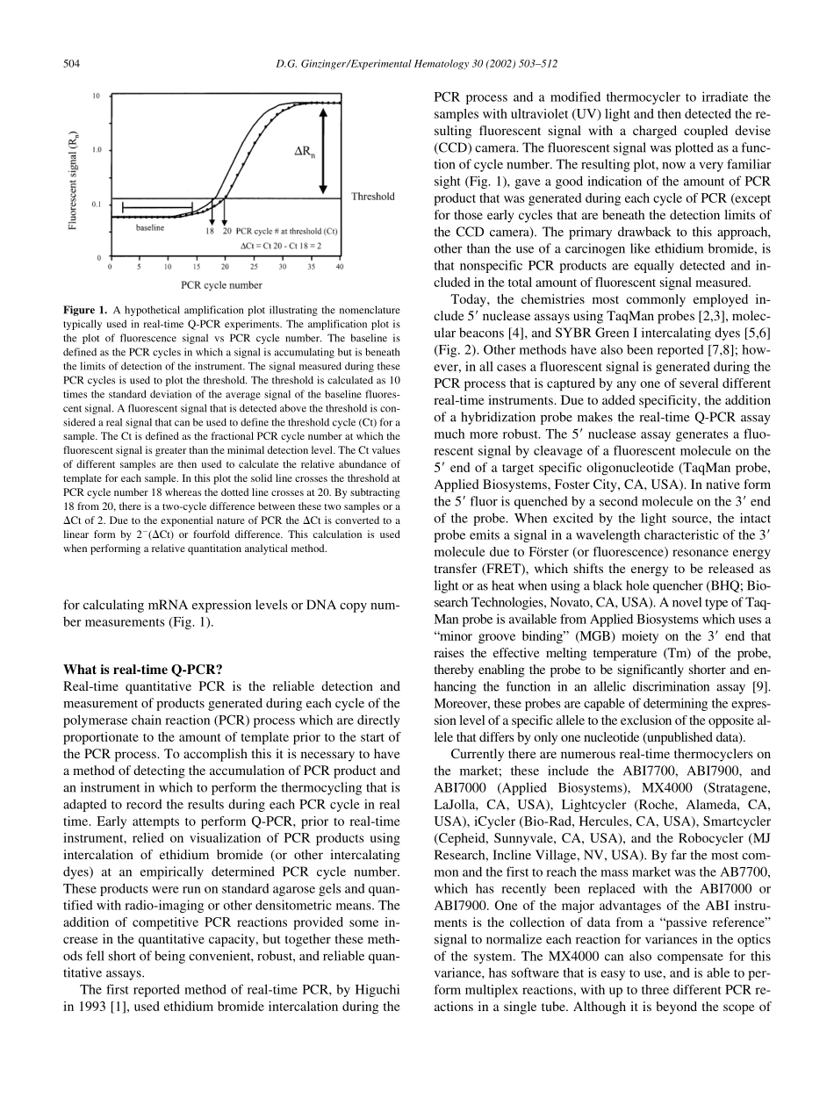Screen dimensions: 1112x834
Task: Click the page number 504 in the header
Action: click(72, 63)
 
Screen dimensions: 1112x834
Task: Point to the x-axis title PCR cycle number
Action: click(221, 284)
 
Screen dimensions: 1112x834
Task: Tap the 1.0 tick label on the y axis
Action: click(96, 150)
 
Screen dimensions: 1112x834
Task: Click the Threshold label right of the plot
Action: click(372, 197)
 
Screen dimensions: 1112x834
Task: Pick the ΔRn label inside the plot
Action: click(305, 151)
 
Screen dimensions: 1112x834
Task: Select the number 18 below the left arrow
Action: click(210, 231)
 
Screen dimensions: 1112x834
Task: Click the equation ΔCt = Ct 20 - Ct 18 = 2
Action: click(280, 246)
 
